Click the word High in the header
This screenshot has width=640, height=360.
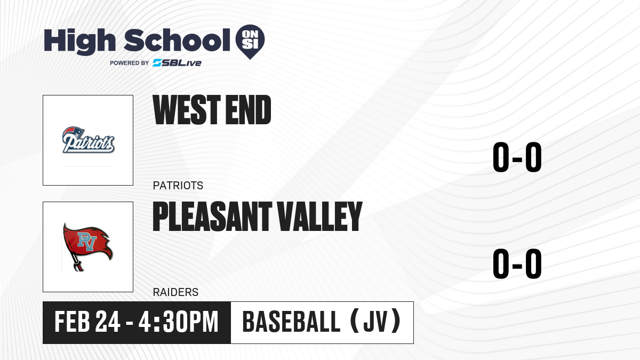coord(79,42)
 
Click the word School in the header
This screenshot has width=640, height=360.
coord(177,40)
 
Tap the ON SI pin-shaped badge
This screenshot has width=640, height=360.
coord(250,42)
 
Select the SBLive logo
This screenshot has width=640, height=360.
coord(177,63)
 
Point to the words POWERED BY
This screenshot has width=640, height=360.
coord(130,63)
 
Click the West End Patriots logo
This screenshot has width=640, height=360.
coord(89,140)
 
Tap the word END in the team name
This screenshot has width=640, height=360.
coord(249,110)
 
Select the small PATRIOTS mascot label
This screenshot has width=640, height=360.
coord(178,186)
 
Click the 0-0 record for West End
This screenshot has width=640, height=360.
coord(517,157)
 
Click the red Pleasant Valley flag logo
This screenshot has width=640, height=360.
coord(87,247)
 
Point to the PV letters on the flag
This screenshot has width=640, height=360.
coord(87,242)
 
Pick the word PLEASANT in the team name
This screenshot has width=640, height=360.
coord(212,217)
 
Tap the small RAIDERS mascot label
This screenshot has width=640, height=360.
coord(175,292)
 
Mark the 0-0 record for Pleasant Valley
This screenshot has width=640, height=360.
coord(517,263)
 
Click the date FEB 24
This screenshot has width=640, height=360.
coord(87,322)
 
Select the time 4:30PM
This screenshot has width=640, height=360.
coord(179,322)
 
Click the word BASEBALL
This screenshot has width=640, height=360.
coord(291,322)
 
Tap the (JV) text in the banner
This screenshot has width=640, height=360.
coord(375,321)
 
